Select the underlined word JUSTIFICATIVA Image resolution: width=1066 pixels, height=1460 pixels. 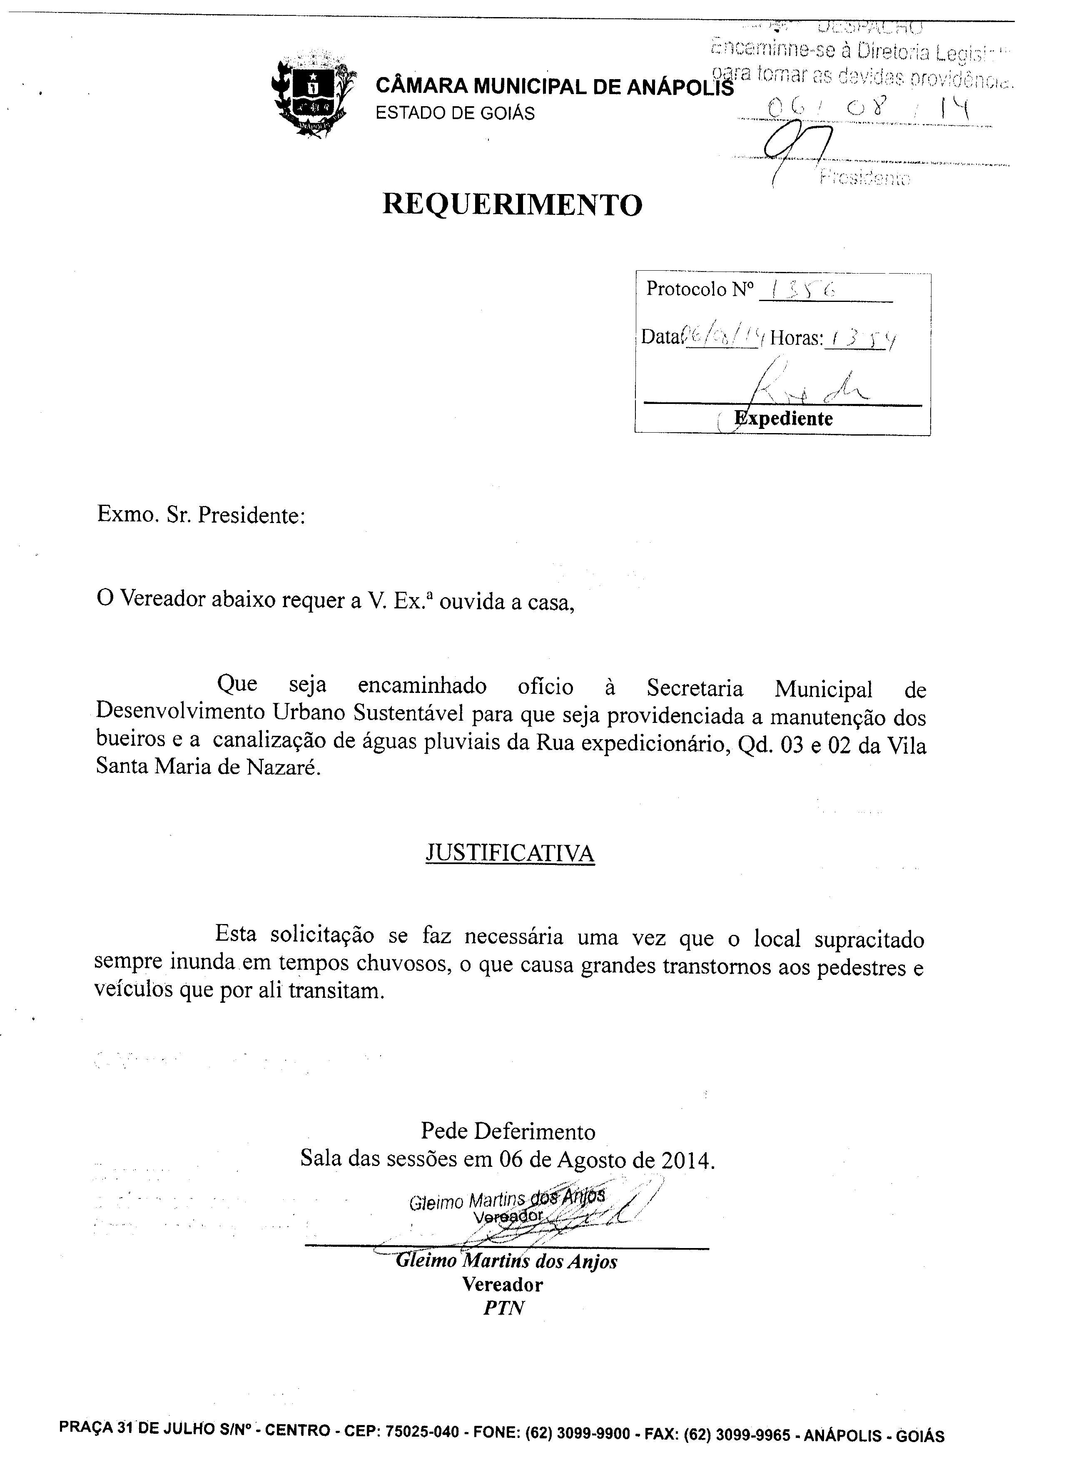(510, 853)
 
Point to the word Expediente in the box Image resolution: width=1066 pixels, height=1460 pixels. (784, 419)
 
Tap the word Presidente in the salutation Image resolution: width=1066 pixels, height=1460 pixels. (250, 515)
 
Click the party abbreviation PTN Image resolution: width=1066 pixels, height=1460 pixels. (504, 1307)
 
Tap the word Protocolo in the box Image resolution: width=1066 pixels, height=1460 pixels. (687, 289)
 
